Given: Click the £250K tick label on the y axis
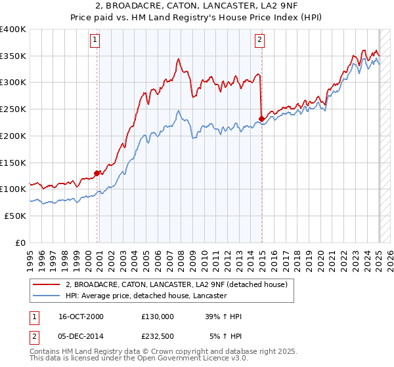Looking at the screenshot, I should [x=13, y=109].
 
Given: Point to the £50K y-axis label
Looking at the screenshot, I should [x=15, y=216].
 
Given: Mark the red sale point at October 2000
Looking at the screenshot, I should [x=97, y=173].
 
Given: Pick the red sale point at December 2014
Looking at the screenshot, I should [x=262, y=119].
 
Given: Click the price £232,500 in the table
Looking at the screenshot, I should [x=158, y=336].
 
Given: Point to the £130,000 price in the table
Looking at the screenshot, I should [x=158, y=317].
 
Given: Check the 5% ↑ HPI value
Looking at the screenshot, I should [x=226, y=336].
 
